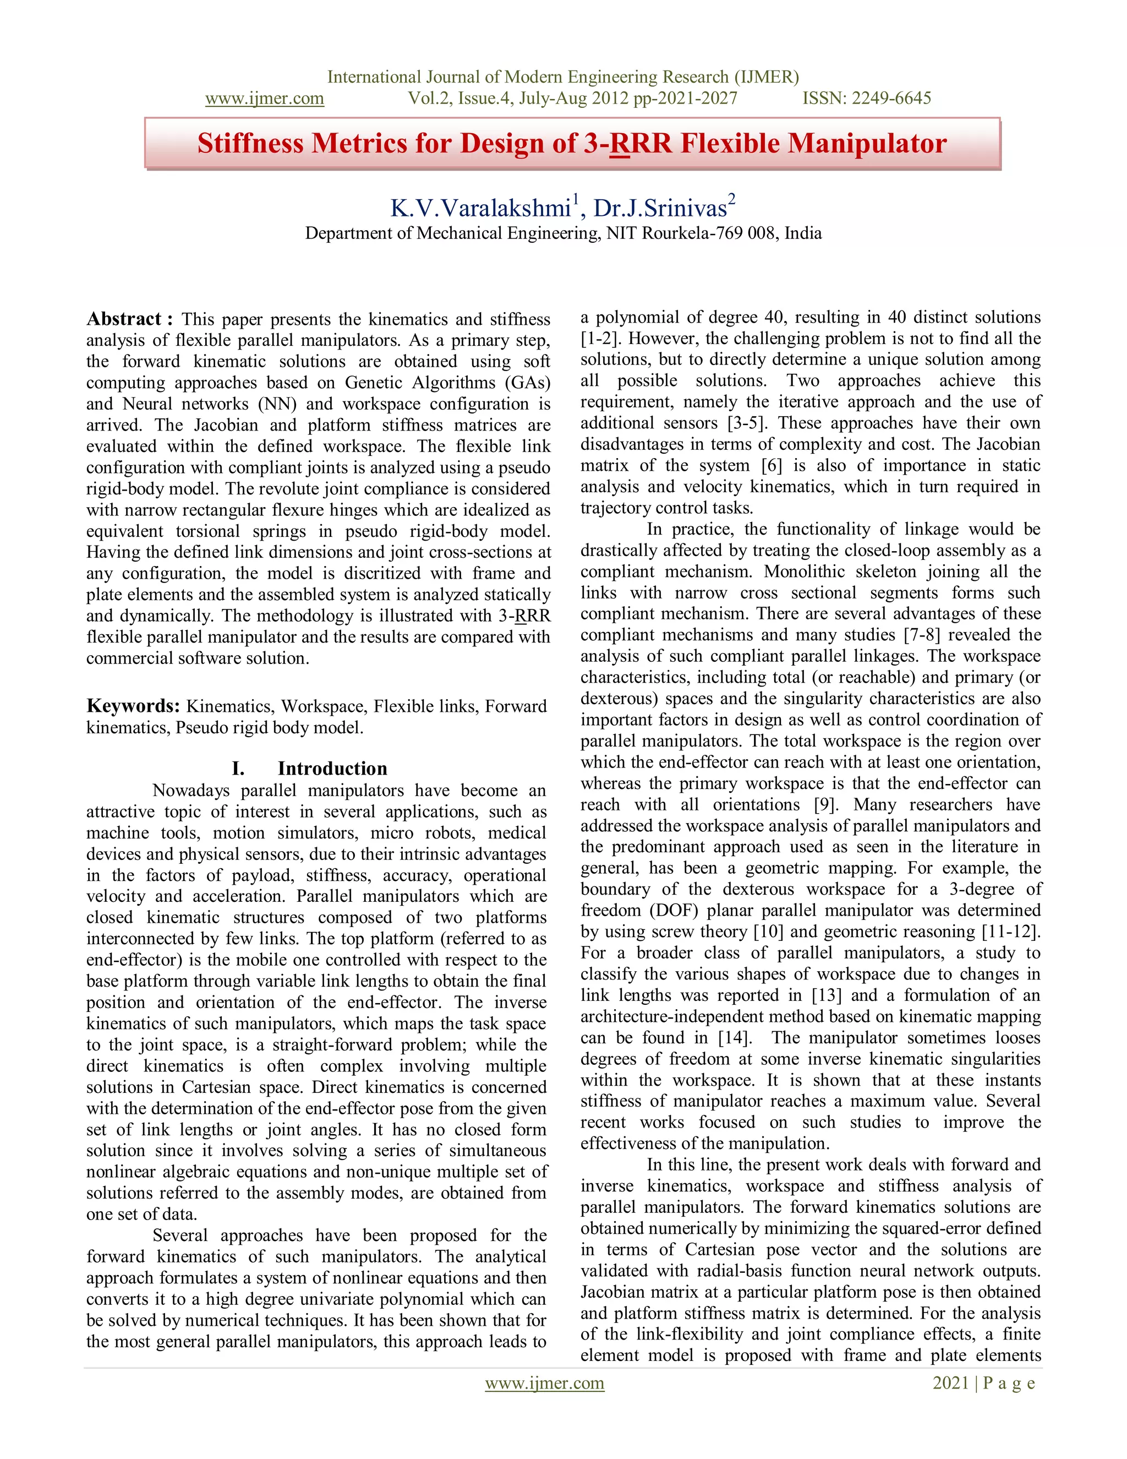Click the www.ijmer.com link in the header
[264, 99]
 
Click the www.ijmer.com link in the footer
[544, 1383]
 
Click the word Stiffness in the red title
[250, 144]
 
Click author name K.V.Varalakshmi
[480, 209]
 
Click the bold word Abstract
[124, 319]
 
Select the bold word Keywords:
[133, 706]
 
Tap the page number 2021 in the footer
[950, 1383]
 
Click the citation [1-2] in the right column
[601, 339]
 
